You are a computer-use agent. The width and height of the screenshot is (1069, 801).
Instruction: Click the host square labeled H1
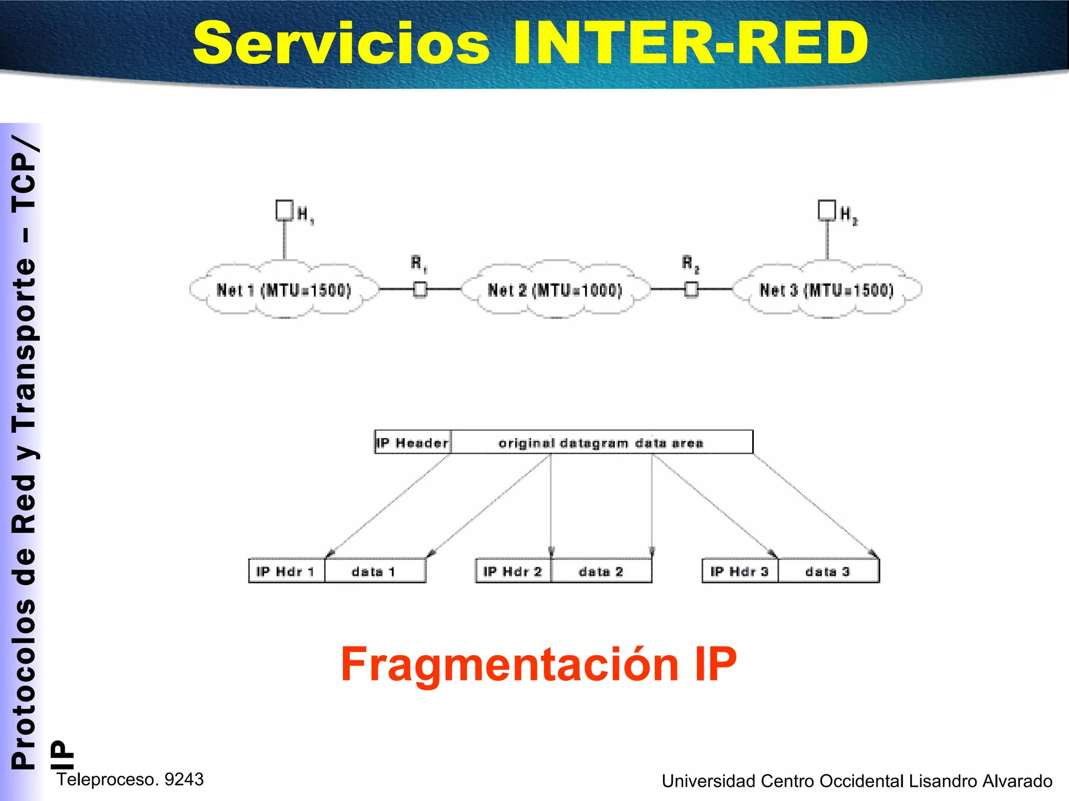coord(284,210)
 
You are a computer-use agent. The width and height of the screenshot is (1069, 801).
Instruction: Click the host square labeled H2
coord(827,210)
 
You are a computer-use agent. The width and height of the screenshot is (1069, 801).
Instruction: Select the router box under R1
coord(420,289)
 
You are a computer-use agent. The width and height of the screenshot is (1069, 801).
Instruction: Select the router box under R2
coord(691,289)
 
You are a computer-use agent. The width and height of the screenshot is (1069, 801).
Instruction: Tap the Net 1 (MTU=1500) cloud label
coord(284,290)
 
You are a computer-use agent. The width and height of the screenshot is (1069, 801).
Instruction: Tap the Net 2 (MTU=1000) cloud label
coord(555,290)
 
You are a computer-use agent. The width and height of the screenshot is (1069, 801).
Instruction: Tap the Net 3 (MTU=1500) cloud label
coord(827,290)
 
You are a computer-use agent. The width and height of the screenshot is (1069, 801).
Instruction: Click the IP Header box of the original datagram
coord(413,443)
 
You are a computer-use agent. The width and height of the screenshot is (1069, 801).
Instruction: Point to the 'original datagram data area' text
coord(601,443)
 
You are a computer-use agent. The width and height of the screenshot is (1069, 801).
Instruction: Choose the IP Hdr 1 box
coord(286,572)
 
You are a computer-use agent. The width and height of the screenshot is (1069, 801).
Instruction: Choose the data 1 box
coord(374,572)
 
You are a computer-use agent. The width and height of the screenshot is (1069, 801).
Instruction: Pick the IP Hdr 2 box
coord(513,572)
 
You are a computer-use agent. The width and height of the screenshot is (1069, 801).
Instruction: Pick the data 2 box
coord(601,572)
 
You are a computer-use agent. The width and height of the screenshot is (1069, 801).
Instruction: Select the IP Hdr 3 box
coord(740,572)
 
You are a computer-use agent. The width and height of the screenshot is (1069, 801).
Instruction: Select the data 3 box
coord(828,572)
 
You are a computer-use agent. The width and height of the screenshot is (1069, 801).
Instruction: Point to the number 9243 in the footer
coord(184,779)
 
